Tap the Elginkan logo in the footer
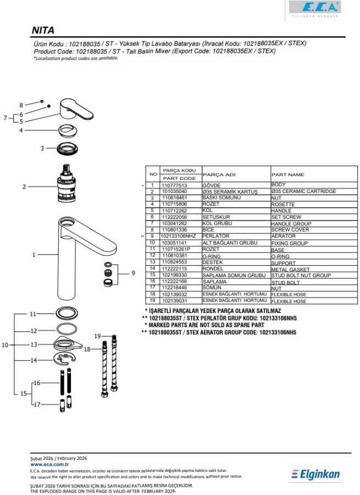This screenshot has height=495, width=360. click(316, 474)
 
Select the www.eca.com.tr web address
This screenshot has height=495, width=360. click(49, 464)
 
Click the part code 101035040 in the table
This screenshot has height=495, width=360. click(174, 191)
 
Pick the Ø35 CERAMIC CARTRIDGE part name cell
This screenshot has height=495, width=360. click(303, 191)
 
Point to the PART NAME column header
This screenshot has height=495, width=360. click(287, 174)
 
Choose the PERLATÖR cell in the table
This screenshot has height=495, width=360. click(215, 236)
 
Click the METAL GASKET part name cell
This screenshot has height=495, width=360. click(290, 268)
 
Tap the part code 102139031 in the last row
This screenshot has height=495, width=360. click(174, 301)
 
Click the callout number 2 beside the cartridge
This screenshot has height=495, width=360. click(24, 187)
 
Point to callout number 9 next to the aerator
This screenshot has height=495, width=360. click(132, 273)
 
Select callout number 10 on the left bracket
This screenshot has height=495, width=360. click(5, 345)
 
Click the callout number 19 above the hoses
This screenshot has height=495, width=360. click(97, 335)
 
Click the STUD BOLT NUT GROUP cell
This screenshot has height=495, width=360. click(301, 275)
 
